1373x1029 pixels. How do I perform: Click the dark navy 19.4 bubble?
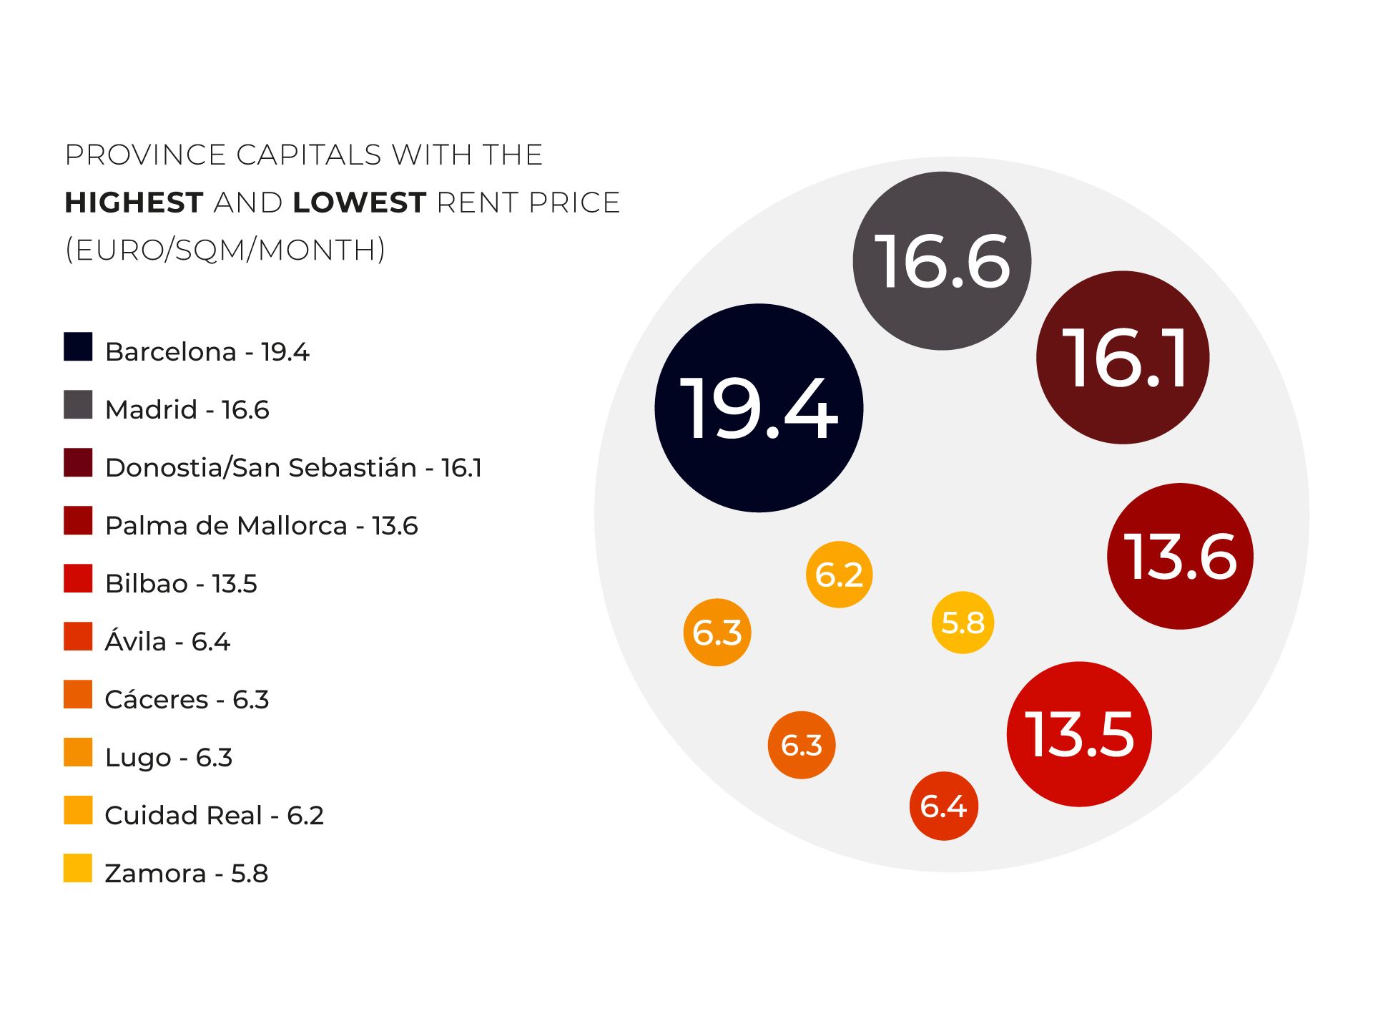[x=759, y=408]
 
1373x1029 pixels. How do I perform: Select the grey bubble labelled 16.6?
[x=942, y=261]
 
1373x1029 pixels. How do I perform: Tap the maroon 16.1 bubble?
[x=1123, y=357]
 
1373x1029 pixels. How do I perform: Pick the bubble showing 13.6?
[x=1180, y=556]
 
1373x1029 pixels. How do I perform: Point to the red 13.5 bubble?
[x=1079, y=733]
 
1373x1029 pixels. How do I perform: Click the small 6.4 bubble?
[x=943, y=806]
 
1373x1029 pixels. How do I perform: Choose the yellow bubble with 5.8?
[x=963, y=623]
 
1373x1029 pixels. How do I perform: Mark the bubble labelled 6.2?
[x=839, y=574]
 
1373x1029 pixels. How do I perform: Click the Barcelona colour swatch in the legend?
[x=78, y=347]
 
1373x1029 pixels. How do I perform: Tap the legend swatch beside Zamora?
[x=78, y=868]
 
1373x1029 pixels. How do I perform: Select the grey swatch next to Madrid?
[x=78, y=405]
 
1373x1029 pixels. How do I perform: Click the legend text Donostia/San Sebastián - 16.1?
[x=293, y=468]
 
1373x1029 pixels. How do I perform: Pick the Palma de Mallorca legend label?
[x=261, y=526]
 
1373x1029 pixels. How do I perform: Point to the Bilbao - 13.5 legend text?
[x=181, y=584]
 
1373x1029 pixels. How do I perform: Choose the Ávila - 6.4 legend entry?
[x=167, y=642]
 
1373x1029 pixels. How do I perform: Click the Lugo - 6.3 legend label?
[x=169, y=758]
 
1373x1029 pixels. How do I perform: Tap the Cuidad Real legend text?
[x=214, y=816]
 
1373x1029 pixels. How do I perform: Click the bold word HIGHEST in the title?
[x=134, y=203]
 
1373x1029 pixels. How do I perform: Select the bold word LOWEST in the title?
[x=360, y=203]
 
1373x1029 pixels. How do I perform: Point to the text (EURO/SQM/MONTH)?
[x=225, y=250]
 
